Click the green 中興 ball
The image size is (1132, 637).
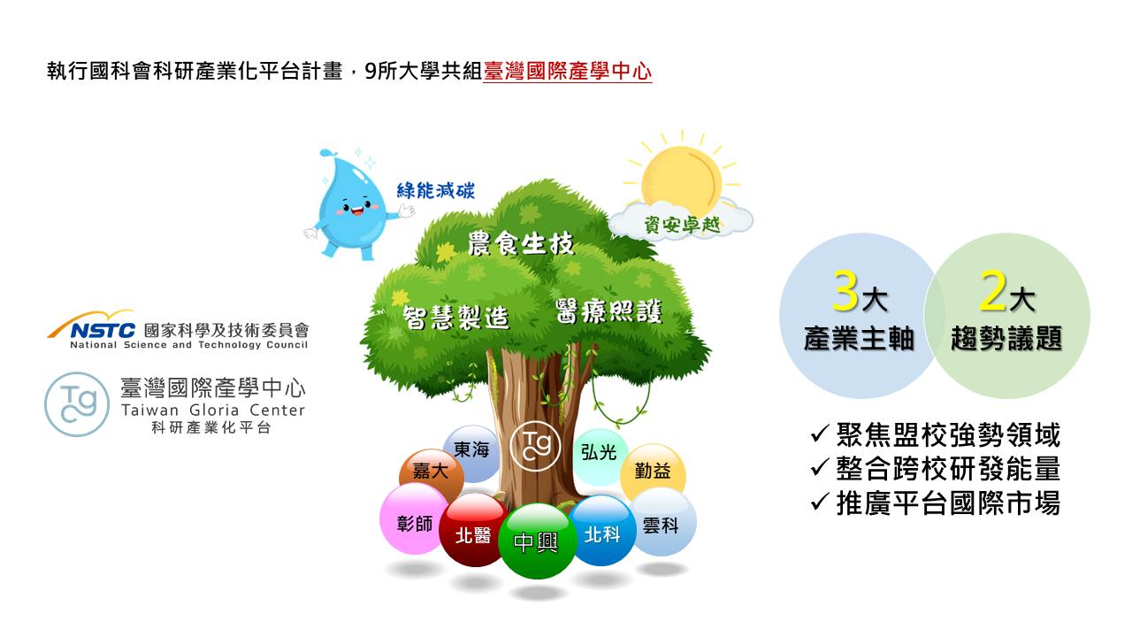click(537, 541)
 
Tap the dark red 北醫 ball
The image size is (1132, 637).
click(474, 530)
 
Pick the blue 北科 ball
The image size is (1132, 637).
click(601, 531)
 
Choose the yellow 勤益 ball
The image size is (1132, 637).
click(653, 472)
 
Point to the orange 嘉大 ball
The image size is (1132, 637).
click(431, 472)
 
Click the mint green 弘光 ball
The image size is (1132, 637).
click(600, 455)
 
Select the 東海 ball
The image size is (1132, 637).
click(471, 451)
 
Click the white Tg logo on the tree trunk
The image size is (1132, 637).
click(535, 446)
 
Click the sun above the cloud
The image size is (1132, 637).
click(681, 182)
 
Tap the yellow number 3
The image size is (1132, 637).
click(845, 291)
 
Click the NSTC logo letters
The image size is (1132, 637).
click(103, 331)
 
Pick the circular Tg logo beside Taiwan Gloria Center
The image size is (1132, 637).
click(77, 404)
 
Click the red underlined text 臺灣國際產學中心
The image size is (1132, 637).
click(568, 72)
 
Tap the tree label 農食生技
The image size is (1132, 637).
click(521, 243)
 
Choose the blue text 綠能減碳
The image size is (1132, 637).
click(436, 190)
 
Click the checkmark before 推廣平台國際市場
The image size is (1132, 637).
click(820, 502)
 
